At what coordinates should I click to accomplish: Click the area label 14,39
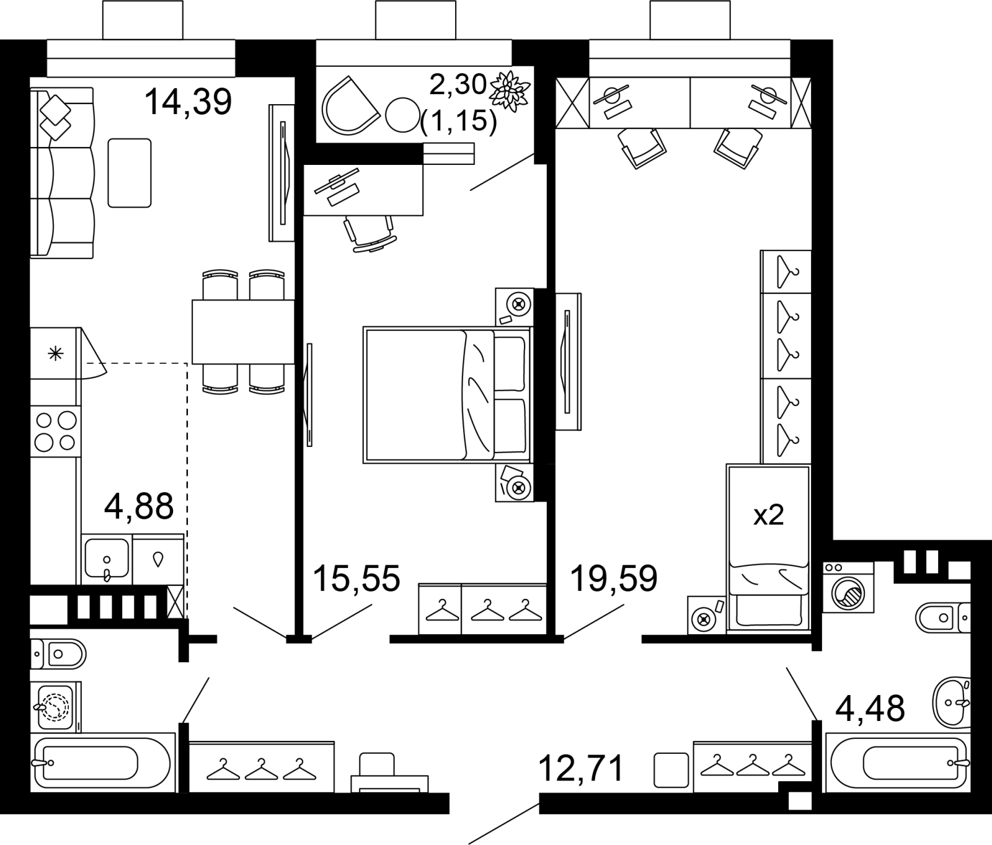188,102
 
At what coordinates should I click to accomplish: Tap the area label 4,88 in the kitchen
139,507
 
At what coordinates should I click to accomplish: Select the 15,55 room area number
356,578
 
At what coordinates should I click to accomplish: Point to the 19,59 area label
613,578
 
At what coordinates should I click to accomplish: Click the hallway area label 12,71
580,769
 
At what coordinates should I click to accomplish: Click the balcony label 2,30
458,84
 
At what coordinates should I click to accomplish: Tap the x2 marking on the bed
769,515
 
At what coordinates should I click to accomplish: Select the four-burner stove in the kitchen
55,431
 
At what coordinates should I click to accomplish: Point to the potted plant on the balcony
511,91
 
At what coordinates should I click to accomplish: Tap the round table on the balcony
402,115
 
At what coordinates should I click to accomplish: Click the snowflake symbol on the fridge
56,354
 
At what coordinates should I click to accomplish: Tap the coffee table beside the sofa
130,173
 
